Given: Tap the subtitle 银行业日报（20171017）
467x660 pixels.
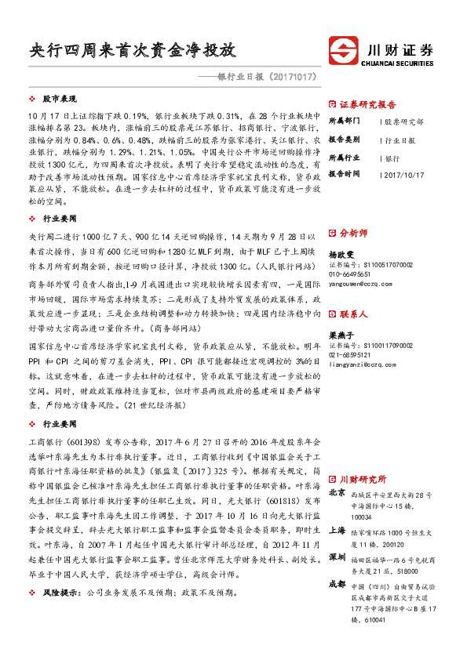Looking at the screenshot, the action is (x=266, y=78).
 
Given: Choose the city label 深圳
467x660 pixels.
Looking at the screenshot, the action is (x=337, y=557).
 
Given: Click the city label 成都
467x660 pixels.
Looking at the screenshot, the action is (x=337, y=584).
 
